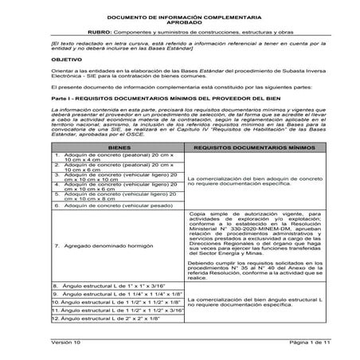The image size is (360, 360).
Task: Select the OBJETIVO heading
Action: click(62, 59)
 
